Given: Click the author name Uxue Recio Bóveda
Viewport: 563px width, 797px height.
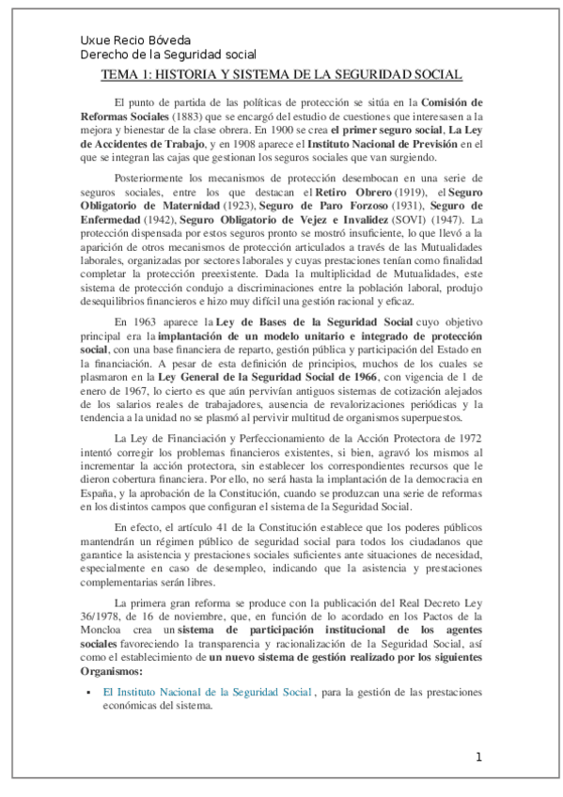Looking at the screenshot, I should (135, 41).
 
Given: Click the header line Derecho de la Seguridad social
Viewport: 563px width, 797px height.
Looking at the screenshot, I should (168, 55).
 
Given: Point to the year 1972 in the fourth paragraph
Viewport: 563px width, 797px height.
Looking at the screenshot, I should (468, 412).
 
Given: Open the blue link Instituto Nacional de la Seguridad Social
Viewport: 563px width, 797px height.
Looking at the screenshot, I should (207, 693).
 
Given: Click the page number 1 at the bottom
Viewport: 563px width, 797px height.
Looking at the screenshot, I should (478, 758).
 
